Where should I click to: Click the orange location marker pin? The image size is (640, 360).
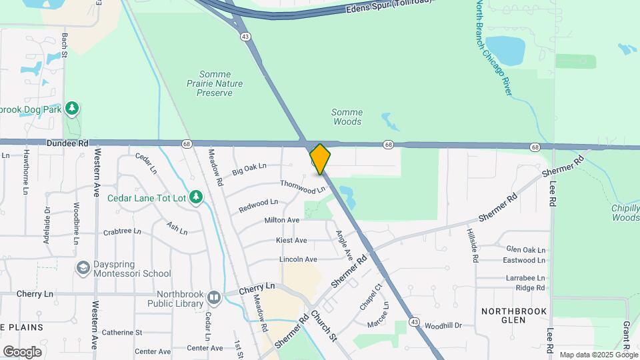320,159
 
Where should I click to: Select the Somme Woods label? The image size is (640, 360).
347,117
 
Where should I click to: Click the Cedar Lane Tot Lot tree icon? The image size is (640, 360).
195,196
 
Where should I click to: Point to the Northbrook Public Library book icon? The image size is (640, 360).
213,297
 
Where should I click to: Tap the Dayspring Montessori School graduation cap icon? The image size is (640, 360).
83,268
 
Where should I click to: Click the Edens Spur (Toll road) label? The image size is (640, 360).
389,7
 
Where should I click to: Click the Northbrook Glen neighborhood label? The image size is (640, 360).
514,316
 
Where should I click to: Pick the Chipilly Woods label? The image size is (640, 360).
625,213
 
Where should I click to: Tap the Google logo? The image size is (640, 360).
22,351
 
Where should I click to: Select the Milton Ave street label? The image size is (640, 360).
282,220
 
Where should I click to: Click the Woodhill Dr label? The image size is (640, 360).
443,326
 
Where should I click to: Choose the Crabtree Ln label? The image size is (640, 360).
123,232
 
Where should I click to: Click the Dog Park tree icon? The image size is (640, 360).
72,109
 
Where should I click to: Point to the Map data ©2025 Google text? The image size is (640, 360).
598,355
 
